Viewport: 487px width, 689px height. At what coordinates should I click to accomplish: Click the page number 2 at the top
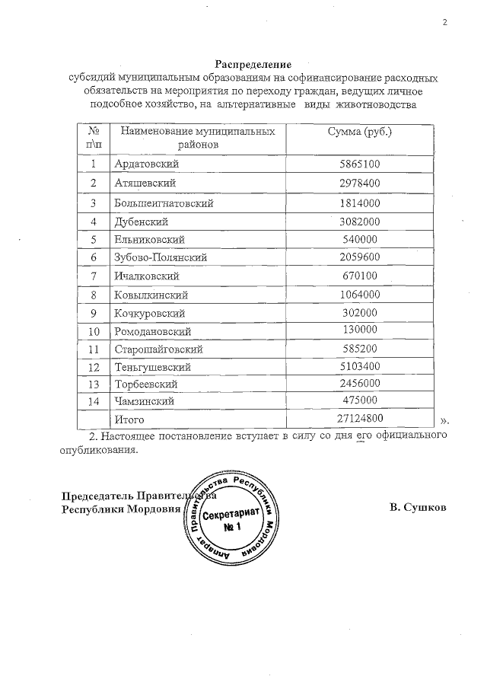pyautogui.click(x=445, y=22)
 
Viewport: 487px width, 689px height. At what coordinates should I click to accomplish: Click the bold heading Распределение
pyautogui.click(x=253, y=65)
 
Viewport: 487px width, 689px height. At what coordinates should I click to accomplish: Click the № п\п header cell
pyautogui.click(x=94, y=137)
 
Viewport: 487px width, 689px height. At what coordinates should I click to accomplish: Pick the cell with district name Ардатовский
pyautogui.click(x=146, y=164)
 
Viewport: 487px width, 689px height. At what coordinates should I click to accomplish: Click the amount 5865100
pyautogui.click(x=360, y=164)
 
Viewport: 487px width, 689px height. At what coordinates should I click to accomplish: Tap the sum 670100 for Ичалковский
pyautogui.click(x=360, y=276)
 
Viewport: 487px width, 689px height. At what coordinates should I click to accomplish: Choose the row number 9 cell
pyautogui.click(x=94, y=313)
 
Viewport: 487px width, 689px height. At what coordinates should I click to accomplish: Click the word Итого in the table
pyautogui.click(x=129, y=419)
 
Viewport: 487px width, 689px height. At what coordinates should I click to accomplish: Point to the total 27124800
pyautogui.click(x=360, y=418)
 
